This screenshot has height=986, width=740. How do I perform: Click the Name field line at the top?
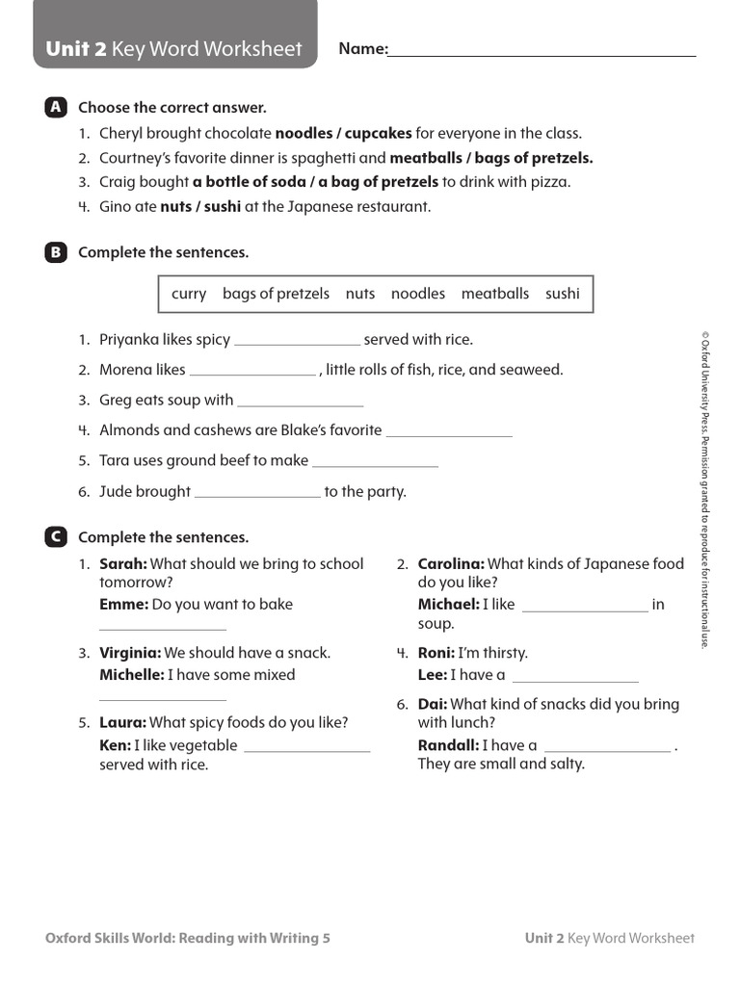tap(542, 55)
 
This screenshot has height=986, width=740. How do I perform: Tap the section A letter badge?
tap(56, 108)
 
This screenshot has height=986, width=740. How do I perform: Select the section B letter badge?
tap(56, 252)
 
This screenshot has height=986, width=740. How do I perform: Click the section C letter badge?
tap(56, 537)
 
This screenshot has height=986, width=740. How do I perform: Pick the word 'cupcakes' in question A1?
tap(379, 134)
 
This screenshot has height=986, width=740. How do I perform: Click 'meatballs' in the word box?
tap(494, 294)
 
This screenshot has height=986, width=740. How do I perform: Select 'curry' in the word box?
tap(189, 294)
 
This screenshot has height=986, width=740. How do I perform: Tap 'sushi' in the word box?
tap(563, 294)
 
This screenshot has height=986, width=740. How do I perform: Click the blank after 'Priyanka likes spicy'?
tap(297, 342)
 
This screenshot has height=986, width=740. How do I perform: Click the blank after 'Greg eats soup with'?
tap(300, 402)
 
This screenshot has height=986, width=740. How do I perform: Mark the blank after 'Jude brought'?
tap(257, 494)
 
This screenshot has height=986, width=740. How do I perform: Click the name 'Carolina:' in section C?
tap(451, 564)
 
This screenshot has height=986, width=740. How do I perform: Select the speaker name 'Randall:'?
tap(448, 745)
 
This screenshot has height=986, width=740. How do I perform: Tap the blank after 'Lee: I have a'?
tap(575, 678)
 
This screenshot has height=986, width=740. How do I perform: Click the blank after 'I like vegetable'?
tap(307, 748)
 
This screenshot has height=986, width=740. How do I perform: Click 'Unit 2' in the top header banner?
tap(75, 49)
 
